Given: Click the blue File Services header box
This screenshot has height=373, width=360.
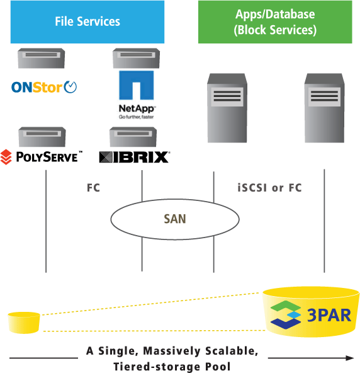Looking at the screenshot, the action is (x=87, y=22).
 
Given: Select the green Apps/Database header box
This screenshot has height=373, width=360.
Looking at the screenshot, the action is (x=275, y=22).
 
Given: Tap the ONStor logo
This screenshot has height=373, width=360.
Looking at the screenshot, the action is (x=44, y=87).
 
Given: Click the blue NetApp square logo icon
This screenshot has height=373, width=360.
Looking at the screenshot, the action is (x=136, y=85).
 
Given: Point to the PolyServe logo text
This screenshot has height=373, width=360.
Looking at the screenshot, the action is (x=49, y=157).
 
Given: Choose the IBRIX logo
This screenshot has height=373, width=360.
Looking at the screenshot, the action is (x=134, y=157).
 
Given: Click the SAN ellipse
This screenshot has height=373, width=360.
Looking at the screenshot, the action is (x=175, y=219).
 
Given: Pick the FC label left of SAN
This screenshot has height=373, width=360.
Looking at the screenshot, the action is (x=93, y=188).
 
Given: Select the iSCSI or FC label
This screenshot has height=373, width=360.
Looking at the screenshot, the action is (x=269, y=188).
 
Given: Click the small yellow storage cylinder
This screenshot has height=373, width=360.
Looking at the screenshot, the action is (x=24, y=323).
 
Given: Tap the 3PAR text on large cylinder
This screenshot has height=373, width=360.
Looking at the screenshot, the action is (x=329, y=315).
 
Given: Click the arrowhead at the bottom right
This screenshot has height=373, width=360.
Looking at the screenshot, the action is (x=350, y=358).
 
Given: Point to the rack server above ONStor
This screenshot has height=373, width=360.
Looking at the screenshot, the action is (x=41, y=58).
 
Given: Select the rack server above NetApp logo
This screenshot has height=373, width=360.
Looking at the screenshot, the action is (x=136, y=58).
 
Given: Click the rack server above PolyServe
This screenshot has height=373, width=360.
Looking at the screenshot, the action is (x=42, y=137).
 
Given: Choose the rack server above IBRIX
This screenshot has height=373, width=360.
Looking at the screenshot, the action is (x=133, y=137).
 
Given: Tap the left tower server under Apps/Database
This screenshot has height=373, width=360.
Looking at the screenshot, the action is (x=227, y=108).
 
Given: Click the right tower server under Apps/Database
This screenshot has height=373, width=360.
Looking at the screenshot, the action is (x=324, y=108).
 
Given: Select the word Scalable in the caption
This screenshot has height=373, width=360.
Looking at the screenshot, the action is (x=232, y=351).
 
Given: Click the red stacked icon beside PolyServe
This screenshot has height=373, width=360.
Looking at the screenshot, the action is (x=6, y=157).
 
